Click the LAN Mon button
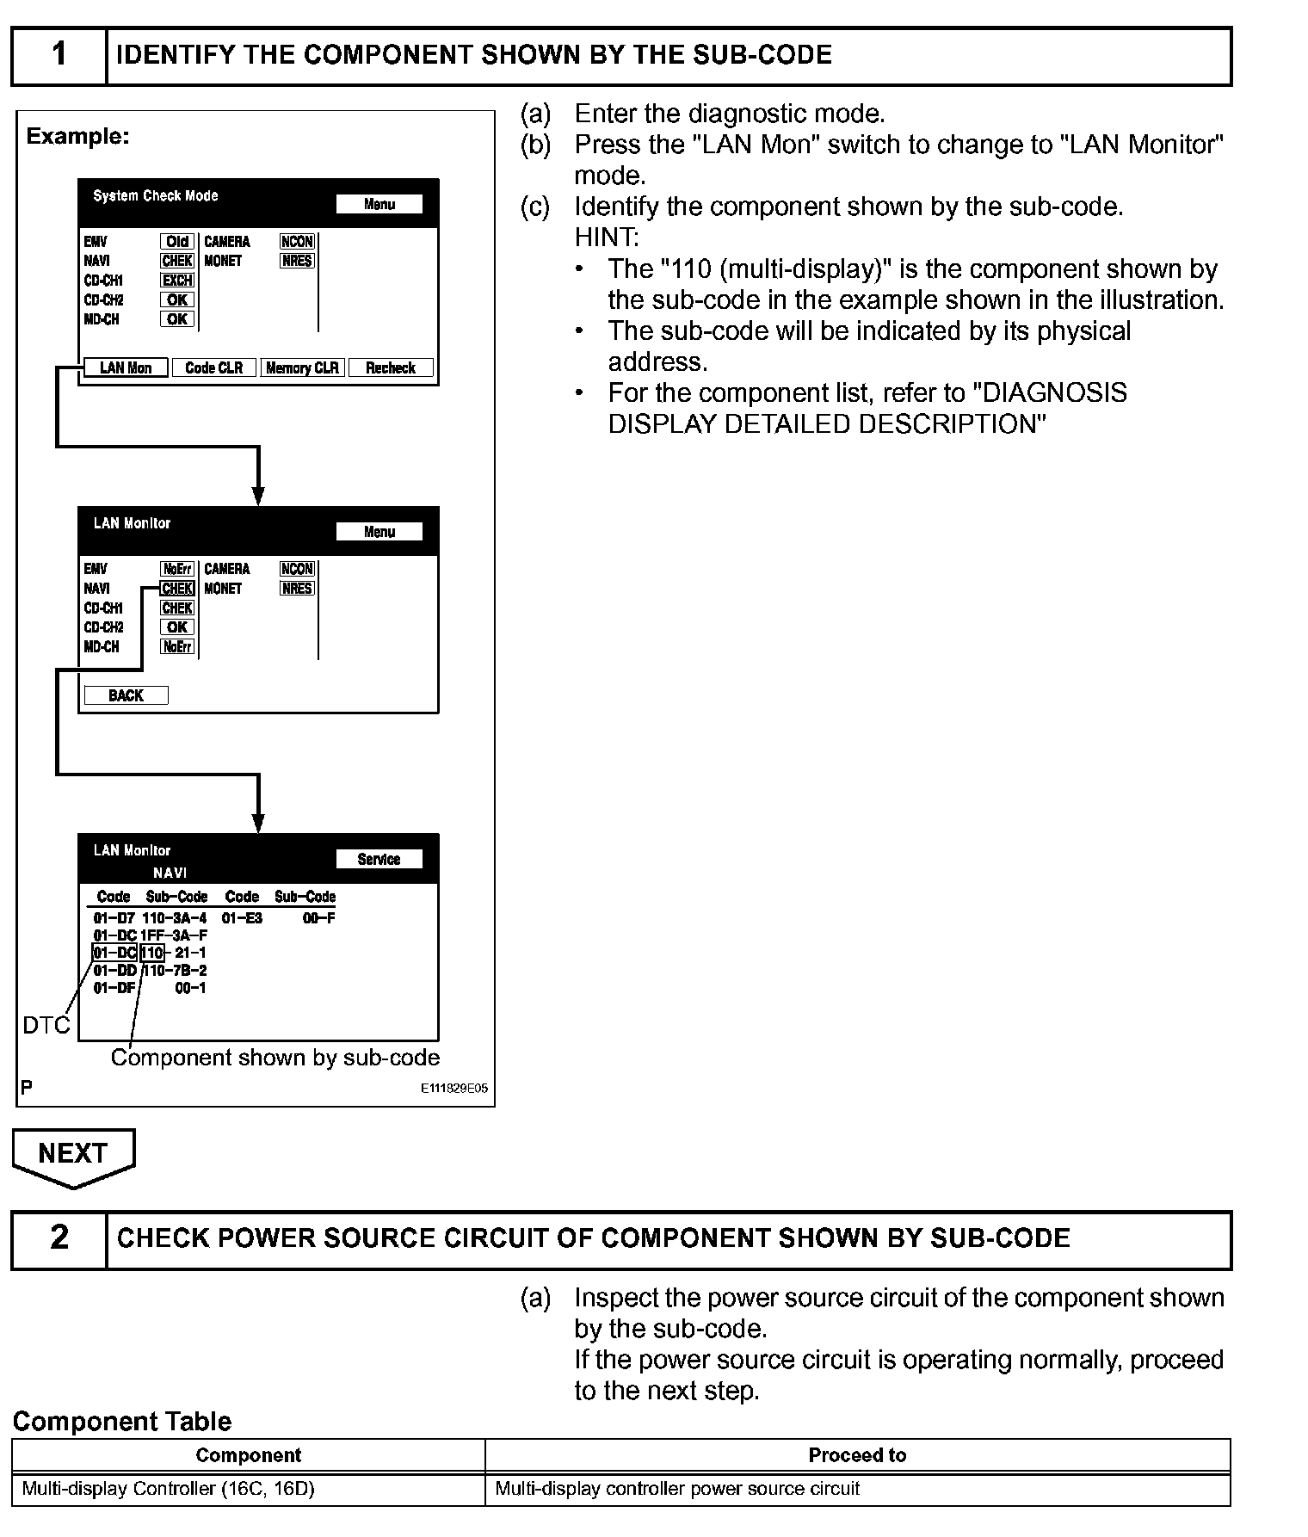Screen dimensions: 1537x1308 [x=126, y=368]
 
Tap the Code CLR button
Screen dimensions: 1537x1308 [x=213, y=368]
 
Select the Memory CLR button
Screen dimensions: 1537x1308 [x=302, y=368]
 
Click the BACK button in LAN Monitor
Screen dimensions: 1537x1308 [x=126, y=695]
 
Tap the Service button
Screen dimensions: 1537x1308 [x=379, y=859]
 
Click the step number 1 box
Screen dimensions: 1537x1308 [x=59, y=55]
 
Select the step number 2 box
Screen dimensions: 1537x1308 [x=59, y=1238]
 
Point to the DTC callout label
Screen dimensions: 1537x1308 [x=46, y=1026]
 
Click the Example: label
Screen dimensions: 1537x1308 [x=77, y=136]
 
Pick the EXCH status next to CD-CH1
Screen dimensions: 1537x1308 [x=177, y=281]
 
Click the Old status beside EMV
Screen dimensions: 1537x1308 [x=177, y=242]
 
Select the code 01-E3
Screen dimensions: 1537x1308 [x=242, y=918]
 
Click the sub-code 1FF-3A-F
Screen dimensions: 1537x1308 [x=174, y=935]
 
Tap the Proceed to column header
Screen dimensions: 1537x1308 [x=857, y=1455]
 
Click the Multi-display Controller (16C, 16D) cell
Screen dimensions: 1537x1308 [x=169, y=1489]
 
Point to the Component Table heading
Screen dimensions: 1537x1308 [x=122, y=1422]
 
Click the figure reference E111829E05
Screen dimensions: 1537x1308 [x=453, y=1089]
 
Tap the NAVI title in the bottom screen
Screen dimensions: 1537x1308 [x=170, y=873]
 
